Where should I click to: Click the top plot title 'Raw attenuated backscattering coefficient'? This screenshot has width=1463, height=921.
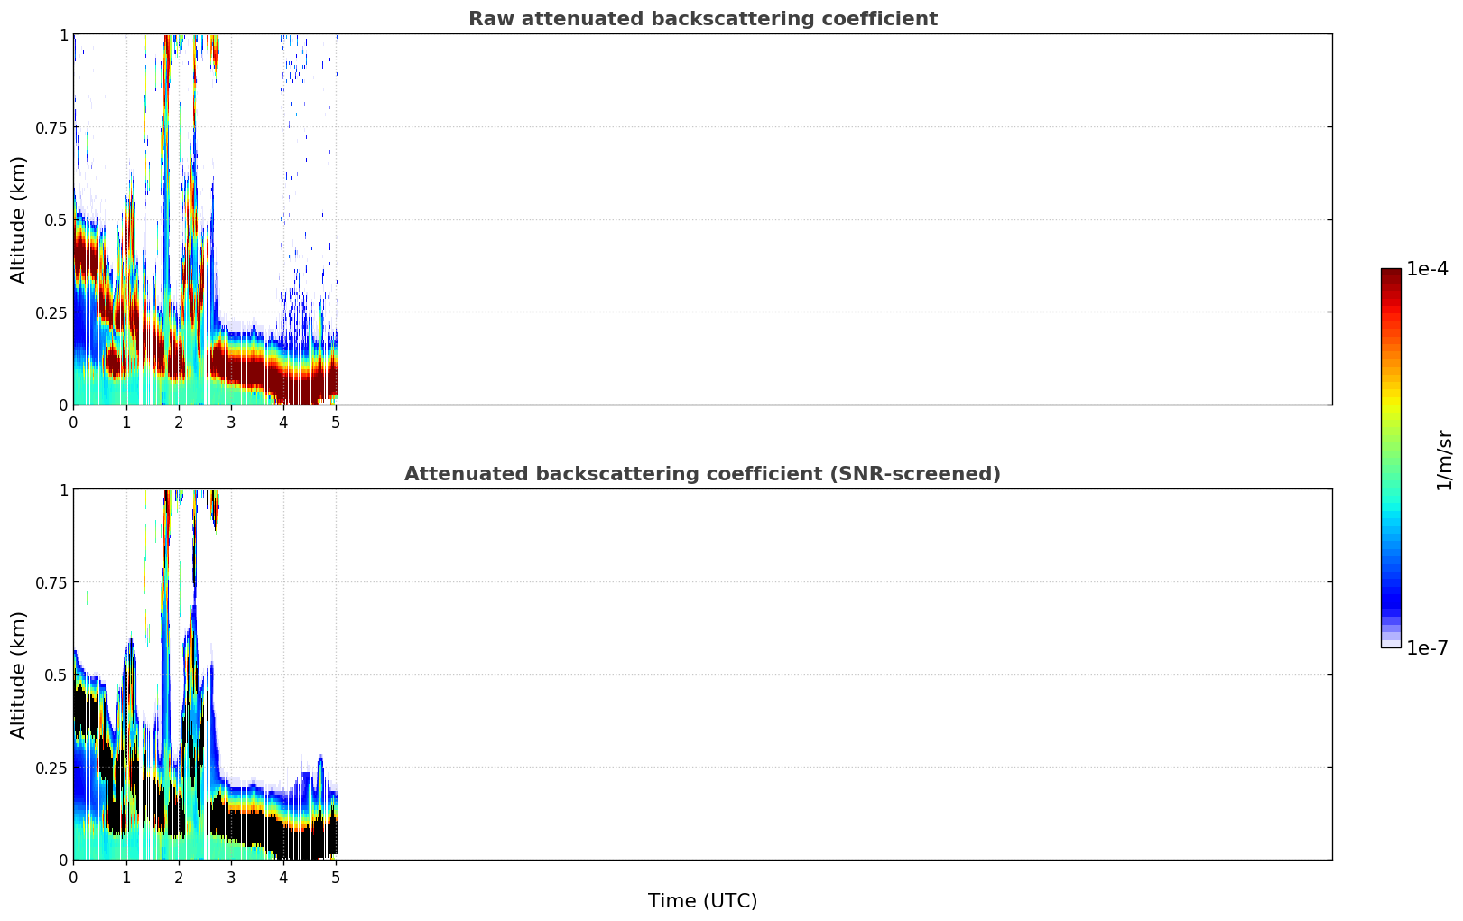[703, 18]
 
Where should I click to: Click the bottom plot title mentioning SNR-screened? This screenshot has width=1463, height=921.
[703, 473]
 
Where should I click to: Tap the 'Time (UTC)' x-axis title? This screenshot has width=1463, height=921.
[703, 901]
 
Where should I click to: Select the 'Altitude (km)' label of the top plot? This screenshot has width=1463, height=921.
[18, 220]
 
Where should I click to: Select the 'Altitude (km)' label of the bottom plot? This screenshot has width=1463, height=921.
[18, 675]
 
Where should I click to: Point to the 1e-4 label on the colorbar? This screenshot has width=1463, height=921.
[1427, 268]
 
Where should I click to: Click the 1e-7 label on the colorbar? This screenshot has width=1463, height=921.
[1427, 648]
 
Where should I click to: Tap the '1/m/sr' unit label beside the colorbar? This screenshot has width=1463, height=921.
[1444, 460]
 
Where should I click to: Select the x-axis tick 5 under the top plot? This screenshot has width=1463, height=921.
[336, 423]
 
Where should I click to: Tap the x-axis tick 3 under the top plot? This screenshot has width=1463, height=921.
[231, 423]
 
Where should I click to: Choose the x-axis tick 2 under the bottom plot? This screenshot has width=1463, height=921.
[179, 878]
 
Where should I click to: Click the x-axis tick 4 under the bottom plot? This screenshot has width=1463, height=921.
[283, 878]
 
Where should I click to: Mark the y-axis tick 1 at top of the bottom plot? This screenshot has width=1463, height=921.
[63, 490]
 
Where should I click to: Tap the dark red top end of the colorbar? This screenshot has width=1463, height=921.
[1391, 273]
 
